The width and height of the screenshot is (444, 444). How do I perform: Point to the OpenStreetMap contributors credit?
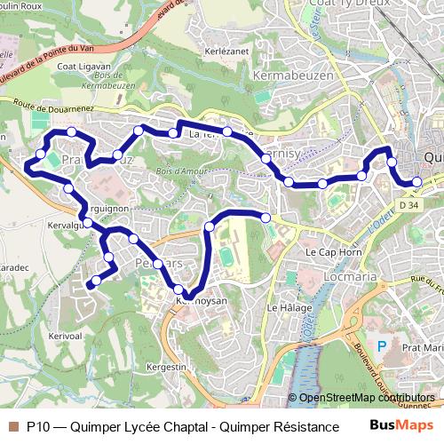[x=366, y=398]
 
